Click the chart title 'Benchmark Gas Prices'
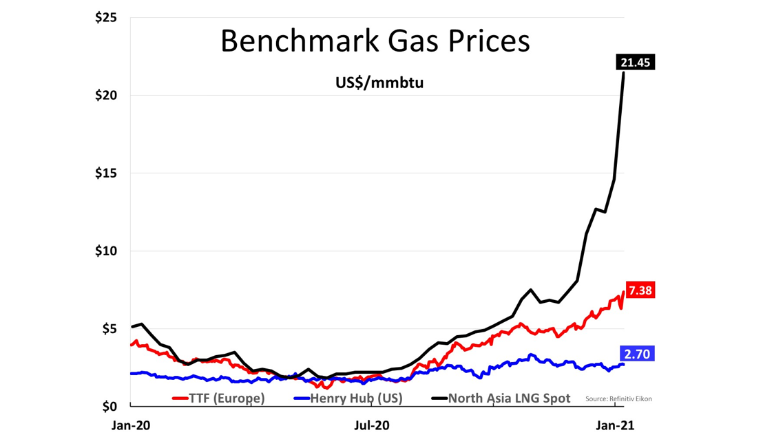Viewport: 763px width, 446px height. (x=375, y=41)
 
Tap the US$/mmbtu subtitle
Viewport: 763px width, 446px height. (x=375, y=83)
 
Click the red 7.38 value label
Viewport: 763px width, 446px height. (x=640, y=290)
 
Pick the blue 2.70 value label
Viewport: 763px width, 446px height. (x=637, y=354)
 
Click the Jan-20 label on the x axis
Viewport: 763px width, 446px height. (x=131, y=425)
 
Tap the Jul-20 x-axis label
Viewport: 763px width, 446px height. (x=372, y=425)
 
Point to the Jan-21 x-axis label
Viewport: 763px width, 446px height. (x=615, y=425)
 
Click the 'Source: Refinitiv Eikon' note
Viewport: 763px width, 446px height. (x=618, y=399)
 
